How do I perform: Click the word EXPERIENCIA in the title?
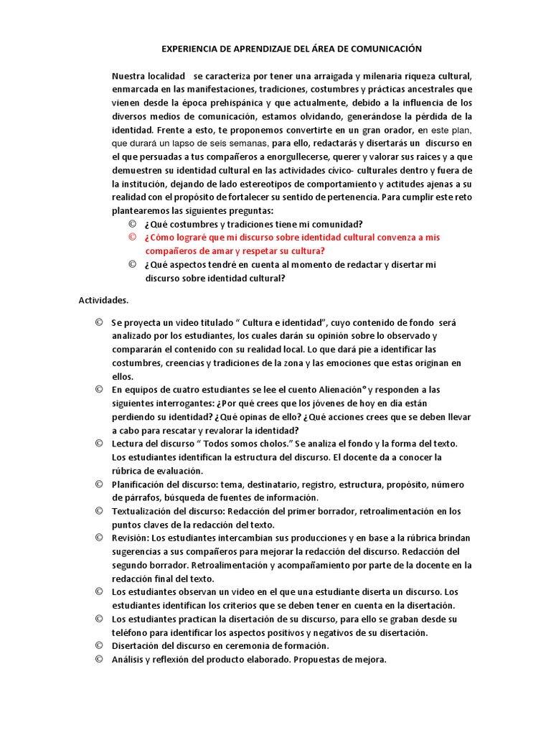tap(189, 49)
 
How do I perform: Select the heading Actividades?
tap(103, 300)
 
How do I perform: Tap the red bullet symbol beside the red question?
tap(132, 237)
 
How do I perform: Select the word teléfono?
tap(132, 632)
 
